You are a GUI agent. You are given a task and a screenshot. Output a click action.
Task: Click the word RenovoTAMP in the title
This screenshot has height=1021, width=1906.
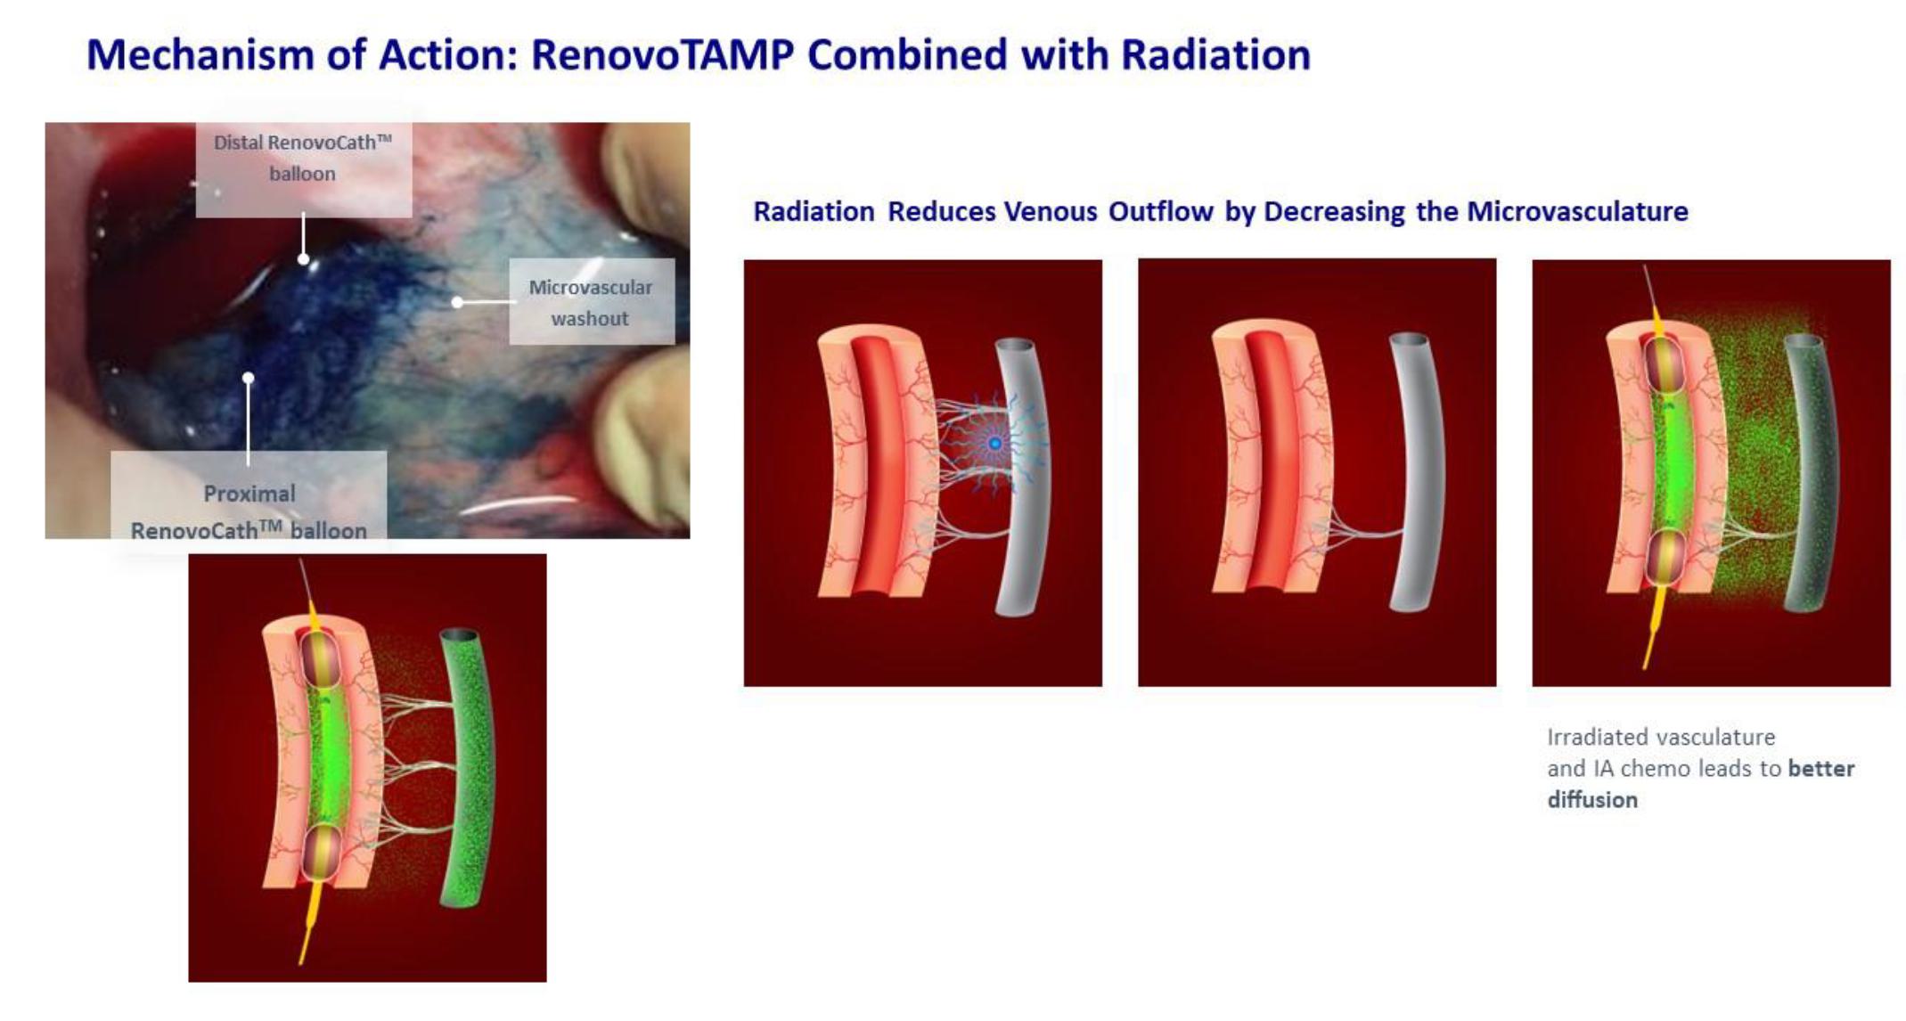pos(662,54)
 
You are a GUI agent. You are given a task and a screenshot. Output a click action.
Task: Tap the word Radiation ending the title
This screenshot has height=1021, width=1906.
pos(1215,54)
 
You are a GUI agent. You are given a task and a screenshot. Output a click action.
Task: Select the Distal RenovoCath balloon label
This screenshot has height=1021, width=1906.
pos(303,158)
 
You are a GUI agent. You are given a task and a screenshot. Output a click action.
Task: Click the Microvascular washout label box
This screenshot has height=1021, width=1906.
pos(592,302)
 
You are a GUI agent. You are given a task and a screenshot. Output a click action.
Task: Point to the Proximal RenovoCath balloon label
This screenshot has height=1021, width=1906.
pos(249,512)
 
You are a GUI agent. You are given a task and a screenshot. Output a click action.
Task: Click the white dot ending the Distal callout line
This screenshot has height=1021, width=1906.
pos(304,259)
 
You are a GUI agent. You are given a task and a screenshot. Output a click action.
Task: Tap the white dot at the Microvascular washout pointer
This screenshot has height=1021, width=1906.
pos(457,302)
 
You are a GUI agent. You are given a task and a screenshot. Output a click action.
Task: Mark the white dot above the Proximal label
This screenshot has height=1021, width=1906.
pos(249,378)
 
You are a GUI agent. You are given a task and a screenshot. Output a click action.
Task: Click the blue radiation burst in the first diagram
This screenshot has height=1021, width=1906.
pos(995,443)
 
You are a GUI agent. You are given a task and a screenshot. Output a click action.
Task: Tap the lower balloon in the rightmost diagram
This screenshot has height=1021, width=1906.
pos(1665,558)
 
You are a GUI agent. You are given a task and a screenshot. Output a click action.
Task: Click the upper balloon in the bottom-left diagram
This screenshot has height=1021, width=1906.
pos(320,658)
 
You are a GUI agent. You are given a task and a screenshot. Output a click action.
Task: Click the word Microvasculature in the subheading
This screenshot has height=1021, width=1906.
pos(1577,212)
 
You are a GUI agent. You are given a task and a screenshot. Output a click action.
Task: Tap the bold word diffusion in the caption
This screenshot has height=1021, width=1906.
pos(1592,800)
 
